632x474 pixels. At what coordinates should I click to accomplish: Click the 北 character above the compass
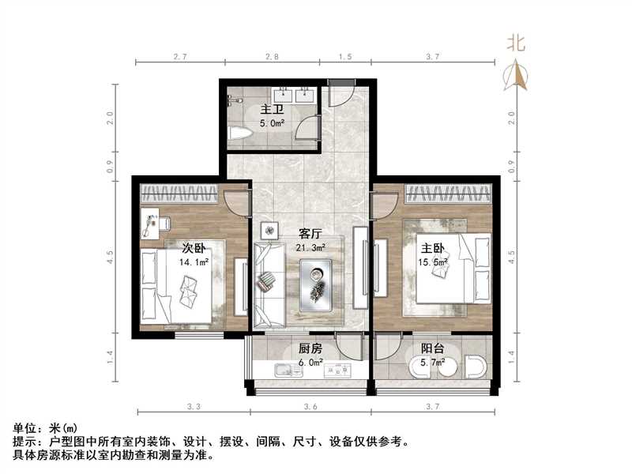pos(517,44)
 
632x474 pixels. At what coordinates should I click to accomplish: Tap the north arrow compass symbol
pos(520,75)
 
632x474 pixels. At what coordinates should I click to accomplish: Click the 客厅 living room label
pos(310,234)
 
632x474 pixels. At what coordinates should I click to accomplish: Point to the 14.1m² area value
pos(194,261)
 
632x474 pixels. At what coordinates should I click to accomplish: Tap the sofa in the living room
pos(269,284)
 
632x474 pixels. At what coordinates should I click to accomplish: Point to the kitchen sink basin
pos(281,370)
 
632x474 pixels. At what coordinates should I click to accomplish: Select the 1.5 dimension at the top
pos(344,57)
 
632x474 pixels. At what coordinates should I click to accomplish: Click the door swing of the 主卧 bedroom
pos(385,204)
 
